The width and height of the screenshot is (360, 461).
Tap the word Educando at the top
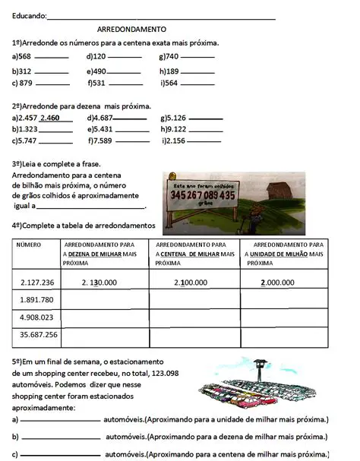[28, 15]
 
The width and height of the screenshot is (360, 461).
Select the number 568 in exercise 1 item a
[25, 57]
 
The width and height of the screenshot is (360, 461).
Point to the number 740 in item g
[172, 57]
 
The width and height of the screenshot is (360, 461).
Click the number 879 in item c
[26, 84]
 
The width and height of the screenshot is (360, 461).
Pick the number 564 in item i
[171, 84]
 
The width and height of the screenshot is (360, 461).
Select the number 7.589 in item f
[102, 141]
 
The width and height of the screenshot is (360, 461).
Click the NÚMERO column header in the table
[28, 245]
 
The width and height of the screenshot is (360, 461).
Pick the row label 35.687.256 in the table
[37, 335]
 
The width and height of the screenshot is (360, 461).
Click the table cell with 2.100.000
[196, 283]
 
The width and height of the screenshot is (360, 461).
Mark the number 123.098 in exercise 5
[163, 374]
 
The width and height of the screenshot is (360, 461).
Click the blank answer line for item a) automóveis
[61, 420]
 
